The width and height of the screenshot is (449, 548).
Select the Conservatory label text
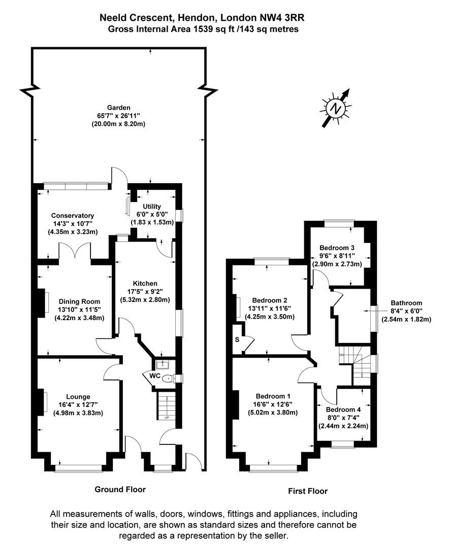click(73, 216)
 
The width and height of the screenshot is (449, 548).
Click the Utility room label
click(152, 207)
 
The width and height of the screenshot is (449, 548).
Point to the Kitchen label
click(145, 284)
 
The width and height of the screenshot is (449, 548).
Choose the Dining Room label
click(79, 301)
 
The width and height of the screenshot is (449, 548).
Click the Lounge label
click(78, 397)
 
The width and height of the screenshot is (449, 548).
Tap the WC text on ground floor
click(155, 375)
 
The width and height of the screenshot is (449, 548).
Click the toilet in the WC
click(168, 378)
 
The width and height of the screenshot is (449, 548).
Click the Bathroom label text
click(406, 303)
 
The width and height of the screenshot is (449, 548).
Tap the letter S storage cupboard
click(237, 339)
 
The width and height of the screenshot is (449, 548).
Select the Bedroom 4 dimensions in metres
click(343, 426)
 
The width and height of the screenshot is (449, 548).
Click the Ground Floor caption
click(120, 489)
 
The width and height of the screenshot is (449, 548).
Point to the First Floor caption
click(308, 491)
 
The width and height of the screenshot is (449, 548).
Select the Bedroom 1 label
click(273, 396)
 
